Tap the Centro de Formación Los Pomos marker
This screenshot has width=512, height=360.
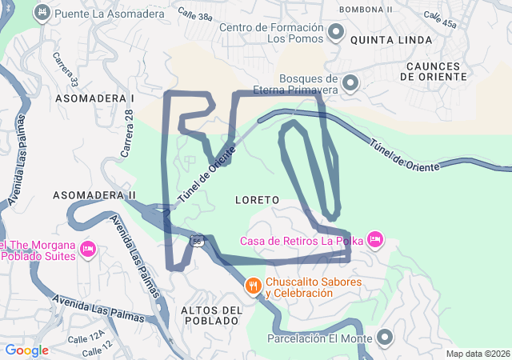pos(336,33)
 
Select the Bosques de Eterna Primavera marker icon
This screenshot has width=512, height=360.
pos(350,82)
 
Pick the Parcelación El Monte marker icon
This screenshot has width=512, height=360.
pos(385,338)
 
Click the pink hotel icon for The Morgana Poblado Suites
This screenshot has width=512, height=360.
pos(88,250)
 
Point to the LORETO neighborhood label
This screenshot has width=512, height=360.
pos(257,198)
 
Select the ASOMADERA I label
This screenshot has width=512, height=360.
pos(94,97)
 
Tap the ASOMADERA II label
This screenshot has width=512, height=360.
pos(94,194)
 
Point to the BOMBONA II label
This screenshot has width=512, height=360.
pos(366,9)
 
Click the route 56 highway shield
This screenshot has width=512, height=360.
pos(197,239)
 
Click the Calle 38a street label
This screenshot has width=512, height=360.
pos(194,15)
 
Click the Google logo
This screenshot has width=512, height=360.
pos(26,350)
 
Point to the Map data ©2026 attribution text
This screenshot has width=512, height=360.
pos(478,354)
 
